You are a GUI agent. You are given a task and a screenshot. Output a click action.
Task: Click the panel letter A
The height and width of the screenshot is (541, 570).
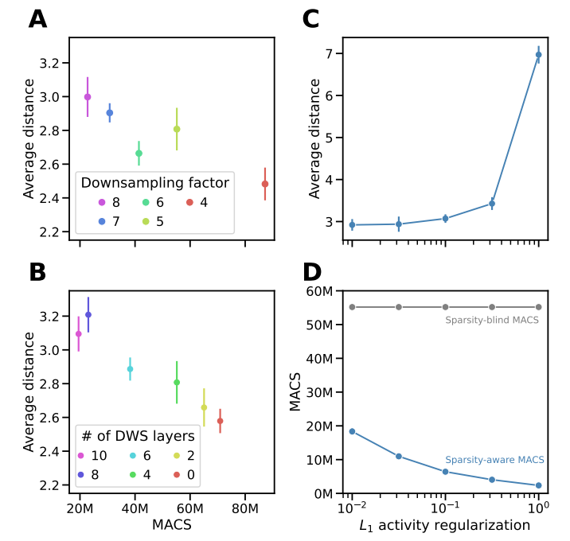tap(37, 19)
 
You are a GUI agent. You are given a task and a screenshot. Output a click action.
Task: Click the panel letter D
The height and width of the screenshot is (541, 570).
tap(314, 271)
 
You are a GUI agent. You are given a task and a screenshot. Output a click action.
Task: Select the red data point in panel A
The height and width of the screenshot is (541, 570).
tap(265, 184)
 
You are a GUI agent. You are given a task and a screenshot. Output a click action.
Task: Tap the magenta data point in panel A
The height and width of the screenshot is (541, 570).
tap(88, 97)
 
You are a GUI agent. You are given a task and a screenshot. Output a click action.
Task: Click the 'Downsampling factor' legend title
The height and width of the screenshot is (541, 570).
tap(155, 183)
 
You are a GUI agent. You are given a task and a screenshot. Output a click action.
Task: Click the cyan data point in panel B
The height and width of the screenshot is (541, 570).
tap(130, 368)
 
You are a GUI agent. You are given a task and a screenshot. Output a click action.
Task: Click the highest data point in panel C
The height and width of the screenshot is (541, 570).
tap(539, 55)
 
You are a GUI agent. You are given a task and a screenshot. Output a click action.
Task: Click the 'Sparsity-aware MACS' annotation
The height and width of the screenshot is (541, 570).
tap(494, 460)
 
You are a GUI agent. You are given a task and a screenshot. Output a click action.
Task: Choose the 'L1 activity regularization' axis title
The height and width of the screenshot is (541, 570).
tap(445, 526)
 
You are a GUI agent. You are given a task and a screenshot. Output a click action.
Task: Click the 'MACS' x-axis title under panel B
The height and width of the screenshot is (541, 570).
tap(172, 526)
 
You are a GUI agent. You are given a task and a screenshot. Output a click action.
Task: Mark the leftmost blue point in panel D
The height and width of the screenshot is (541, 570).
tap(352, 431)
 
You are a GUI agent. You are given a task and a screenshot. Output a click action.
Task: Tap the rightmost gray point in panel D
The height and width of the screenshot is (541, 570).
tap(539, 306)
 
